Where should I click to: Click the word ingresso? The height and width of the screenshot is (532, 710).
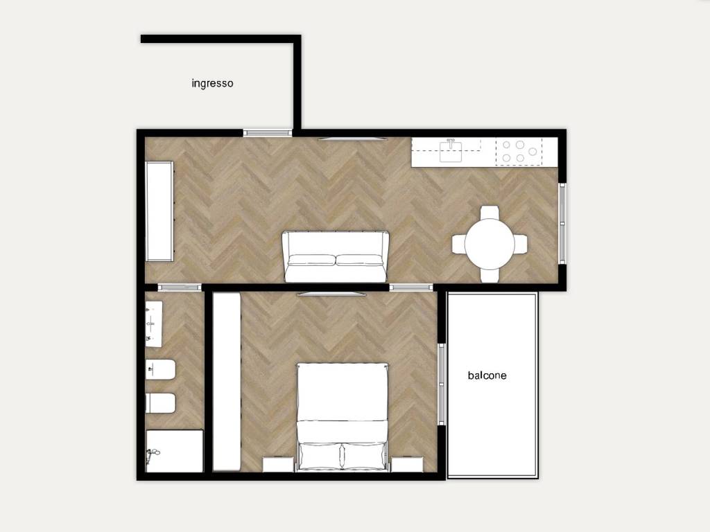click(212, 83)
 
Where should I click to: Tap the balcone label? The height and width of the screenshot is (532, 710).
click(487, 375)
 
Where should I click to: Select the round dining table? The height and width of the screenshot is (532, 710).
click(490, 244)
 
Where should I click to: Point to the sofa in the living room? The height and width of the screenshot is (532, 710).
click(335, 256)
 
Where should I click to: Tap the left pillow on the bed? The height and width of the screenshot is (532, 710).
click(320, 456)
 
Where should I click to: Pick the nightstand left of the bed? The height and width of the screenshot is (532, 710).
click(278, 465)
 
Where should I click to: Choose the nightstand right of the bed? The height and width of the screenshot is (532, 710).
click(407, 465)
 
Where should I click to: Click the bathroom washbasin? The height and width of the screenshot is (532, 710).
click(154, 324)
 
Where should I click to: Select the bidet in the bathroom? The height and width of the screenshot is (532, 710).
click(160, 370)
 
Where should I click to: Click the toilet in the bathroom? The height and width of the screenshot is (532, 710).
click(160, 403)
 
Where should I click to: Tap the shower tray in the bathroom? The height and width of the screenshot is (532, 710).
click(174, 451)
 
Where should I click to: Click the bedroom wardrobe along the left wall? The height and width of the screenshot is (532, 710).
click(227, 382)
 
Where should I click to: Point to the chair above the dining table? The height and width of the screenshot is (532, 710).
click(490, 212)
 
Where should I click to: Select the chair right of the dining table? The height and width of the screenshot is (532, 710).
click(521, 244)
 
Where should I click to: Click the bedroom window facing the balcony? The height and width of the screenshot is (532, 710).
click(442, 384)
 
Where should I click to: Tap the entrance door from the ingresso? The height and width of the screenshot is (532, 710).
click(268, 133)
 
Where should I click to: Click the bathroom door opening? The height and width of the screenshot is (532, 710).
click(180, 287)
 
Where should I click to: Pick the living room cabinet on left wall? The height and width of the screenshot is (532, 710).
click(159, 211)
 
